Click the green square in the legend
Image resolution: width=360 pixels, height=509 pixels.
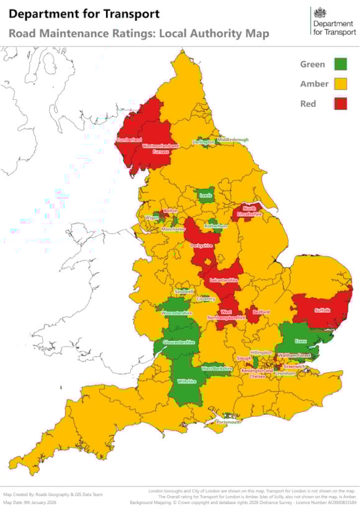(340, 64)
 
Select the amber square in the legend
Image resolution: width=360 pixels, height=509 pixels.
(340, 84)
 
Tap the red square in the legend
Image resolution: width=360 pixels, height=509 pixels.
(340, 104)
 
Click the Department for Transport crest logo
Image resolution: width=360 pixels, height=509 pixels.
(320, 14)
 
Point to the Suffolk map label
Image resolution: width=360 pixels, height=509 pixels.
(323, 310)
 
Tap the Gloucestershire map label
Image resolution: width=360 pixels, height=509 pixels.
(179, 342)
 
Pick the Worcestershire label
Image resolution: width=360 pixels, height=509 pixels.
(176, 313)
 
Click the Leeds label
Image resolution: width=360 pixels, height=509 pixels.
(205, 196)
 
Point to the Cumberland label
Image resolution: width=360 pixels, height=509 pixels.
(129, 140)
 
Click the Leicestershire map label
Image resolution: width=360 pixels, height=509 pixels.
(224, 281)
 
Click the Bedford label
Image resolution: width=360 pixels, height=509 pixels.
(262, 312)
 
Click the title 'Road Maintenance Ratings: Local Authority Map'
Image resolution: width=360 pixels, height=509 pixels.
(139, 34)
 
